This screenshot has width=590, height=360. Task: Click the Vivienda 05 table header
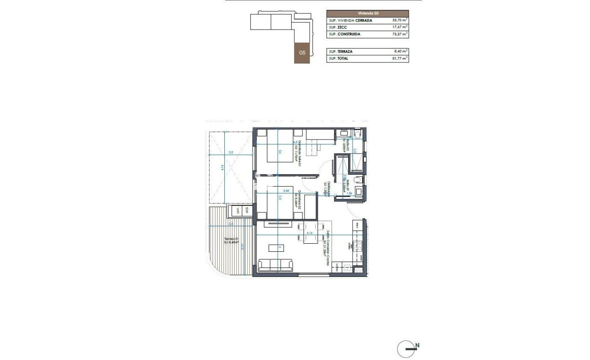coord(367,13)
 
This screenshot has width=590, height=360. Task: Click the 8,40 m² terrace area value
coord(399,52)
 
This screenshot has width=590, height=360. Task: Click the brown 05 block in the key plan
coord(302,53)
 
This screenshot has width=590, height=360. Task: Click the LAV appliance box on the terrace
coord(234,211)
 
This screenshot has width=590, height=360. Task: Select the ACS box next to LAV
coord(246,211)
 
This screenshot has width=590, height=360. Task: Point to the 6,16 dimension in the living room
coord(309,233)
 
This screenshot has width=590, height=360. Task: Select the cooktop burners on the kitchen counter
coord(358,245)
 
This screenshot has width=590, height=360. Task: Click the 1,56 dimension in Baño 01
coord(356,193)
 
